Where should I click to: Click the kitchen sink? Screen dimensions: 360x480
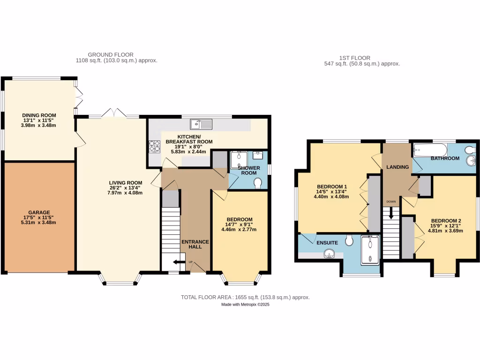point(202,124)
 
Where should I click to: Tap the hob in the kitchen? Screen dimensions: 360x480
point(155,147)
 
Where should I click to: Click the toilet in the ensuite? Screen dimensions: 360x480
point(348,241)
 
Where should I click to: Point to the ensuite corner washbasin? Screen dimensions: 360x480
point(330,255)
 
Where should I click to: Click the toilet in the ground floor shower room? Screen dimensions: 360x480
point(257,182)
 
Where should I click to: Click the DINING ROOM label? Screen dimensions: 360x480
point(39,115)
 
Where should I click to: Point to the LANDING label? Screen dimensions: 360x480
point(397,167)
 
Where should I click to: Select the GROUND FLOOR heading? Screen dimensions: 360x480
point(111,54)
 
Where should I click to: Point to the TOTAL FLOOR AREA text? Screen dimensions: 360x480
point(245,297)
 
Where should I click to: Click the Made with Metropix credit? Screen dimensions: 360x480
point(245,305)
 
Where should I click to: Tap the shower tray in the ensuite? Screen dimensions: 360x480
point(370,248)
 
